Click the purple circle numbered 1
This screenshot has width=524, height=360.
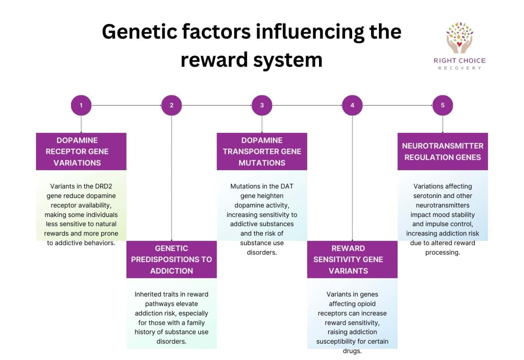click(x=81, y=105)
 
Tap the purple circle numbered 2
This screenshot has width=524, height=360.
click(x=172, y=105)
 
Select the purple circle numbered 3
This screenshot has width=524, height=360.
click(x=262, y=105)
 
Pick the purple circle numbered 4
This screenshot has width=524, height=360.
click(x=352, y=105)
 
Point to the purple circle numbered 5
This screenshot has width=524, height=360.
click(x=442, y=105)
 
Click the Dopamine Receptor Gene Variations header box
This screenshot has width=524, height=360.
click(x=81, y=151)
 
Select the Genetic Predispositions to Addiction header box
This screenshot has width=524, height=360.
click(x=172, y=259)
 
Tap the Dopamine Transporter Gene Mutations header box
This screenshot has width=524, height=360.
click(x=262, y=151)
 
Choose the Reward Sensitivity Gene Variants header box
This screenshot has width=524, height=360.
click(x=352, y=259)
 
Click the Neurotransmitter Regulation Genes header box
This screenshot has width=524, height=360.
click(x=442, y=151)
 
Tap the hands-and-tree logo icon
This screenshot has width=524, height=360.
click(x=460, y=37)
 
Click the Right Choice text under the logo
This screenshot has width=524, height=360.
click(x=460, y=61)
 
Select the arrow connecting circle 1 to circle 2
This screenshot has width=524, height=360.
click(x=126, y=105)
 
